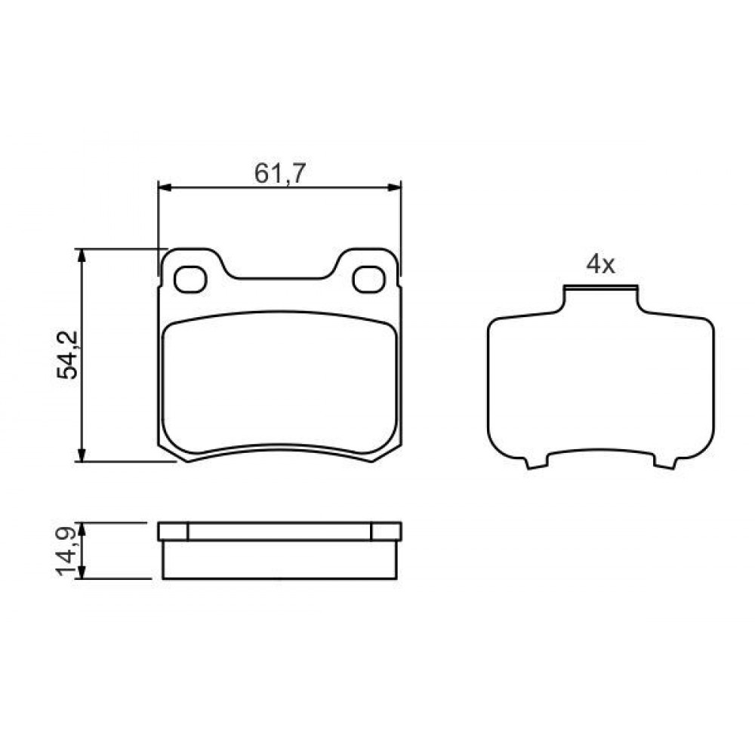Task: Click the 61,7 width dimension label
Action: tap(280, 174)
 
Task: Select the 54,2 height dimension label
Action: tap(67, 355)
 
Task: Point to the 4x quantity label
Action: tap(600, 264)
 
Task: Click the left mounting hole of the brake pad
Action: tap(190, 279)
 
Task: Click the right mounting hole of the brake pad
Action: tap(369, 279)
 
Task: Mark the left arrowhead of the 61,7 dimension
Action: tap(165, 186)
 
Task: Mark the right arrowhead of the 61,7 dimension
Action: tap(394, 186)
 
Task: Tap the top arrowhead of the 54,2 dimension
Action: tap(82, 256)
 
